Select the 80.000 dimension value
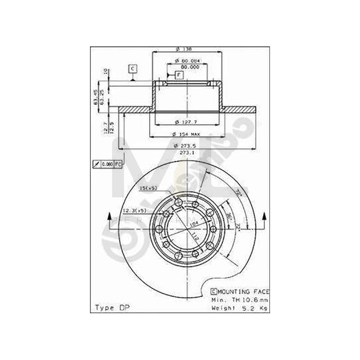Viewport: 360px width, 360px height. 190,67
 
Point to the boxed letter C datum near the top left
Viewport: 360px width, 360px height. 133,69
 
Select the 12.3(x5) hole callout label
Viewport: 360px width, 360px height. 134,210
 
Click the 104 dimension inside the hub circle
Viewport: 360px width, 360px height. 194,224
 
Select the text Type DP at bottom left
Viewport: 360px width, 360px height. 109,308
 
